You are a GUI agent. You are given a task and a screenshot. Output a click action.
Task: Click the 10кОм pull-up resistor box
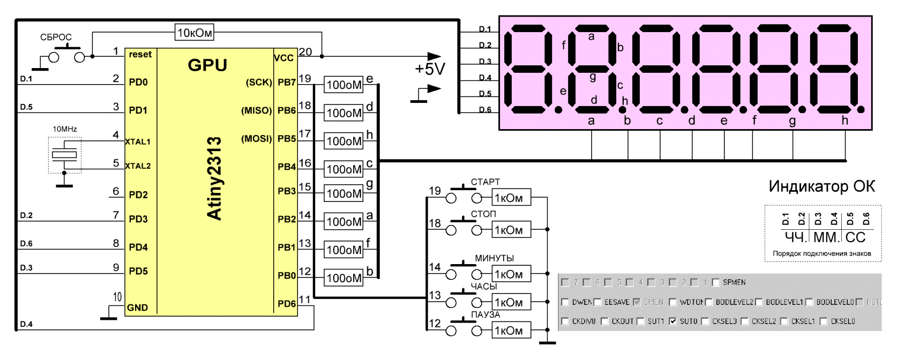click(195, 33)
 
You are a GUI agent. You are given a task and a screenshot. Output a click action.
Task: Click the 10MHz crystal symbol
click(64, 155)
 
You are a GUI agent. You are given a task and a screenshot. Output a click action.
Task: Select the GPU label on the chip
click(207, 65)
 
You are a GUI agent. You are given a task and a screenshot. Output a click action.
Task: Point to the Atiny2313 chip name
click(214, 178)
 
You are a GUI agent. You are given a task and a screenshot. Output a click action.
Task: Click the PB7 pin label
click(287, 82)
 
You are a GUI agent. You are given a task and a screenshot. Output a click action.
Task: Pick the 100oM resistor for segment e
click(344, 85)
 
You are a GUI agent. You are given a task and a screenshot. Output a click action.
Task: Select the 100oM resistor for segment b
click(344, 278)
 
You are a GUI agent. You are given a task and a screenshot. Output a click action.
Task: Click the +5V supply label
click(430, 69)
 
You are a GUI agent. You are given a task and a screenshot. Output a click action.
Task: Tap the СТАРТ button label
click(485, 182)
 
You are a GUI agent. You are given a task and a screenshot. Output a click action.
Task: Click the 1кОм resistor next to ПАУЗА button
click(511, 331)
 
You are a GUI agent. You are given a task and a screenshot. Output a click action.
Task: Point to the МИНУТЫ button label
click(494, 258)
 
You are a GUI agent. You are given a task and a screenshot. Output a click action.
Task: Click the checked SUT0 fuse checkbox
click(673, 321)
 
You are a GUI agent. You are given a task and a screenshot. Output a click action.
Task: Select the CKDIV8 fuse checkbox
click(565, 321)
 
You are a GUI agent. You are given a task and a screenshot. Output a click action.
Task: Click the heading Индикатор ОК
click(821, 186)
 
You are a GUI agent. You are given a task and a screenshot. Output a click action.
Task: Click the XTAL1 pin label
click(138, 142)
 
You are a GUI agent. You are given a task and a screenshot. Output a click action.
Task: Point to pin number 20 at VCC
click(305, 52)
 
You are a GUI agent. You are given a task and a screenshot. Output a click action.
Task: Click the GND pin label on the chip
click(137, 307)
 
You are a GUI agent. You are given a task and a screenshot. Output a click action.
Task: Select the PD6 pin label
click(287, 304)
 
